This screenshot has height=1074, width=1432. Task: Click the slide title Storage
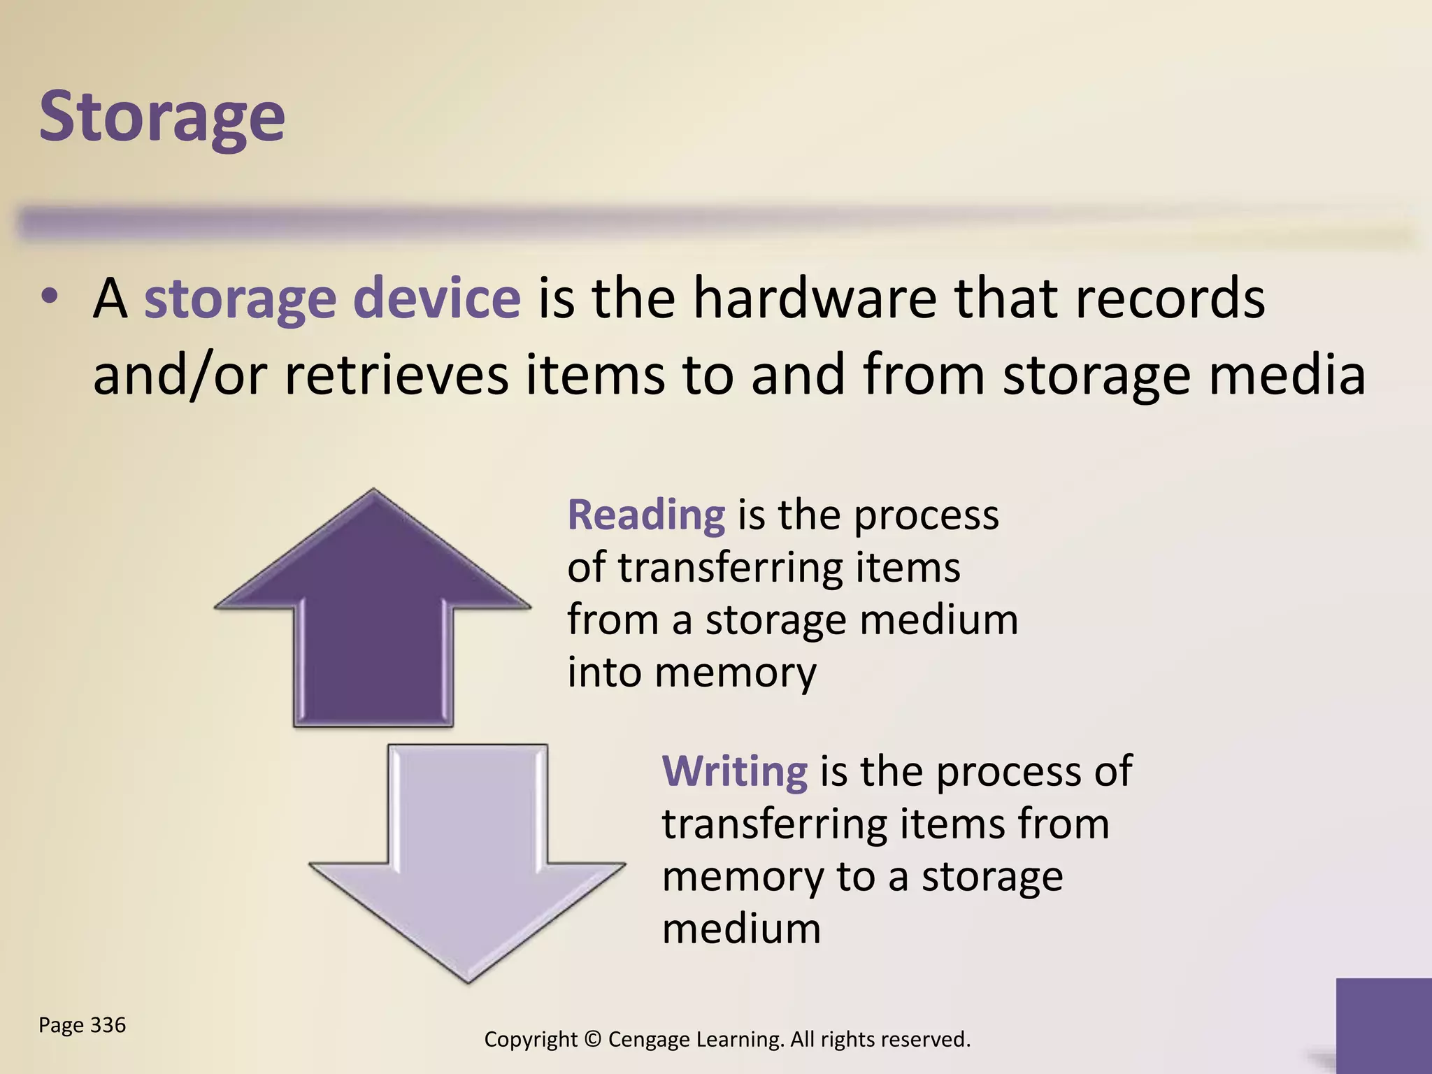tap(162, 117)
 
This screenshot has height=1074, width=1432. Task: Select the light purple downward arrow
tap(467, 867)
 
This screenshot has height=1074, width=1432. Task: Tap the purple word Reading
tap(646, 516)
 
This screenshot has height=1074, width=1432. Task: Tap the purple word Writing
tap(734, 771)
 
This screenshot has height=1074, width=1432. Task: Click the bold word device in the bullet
tap(436, 299)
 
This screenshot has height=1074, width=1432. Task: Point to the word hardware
tap(815, 299)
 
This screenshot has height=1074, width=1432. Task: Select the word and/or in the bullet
tap(180, 375)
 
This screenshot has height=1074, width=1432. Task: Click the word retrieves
tap(396, 375)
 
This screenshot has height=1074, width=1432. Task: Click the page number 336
tap(108, 1025)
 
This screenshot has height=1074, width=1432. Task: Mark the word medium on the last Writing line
tap(741, 929)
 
